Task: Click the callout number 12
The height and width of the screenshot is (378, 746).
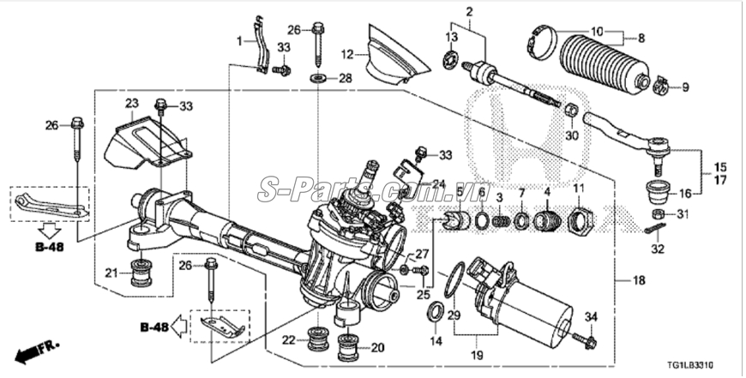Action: [x=347, y=54]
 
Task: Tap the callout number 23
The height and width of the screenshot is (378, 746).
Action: [x=131, y=104]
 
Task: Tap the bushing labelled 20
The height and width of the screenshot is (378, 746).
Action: [x=350, y=347]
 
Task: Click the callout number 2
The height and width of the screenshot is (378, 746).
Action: [x=470, y=11]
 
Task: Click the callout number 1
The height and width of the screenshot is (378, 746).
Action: [x=241, y=41]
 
